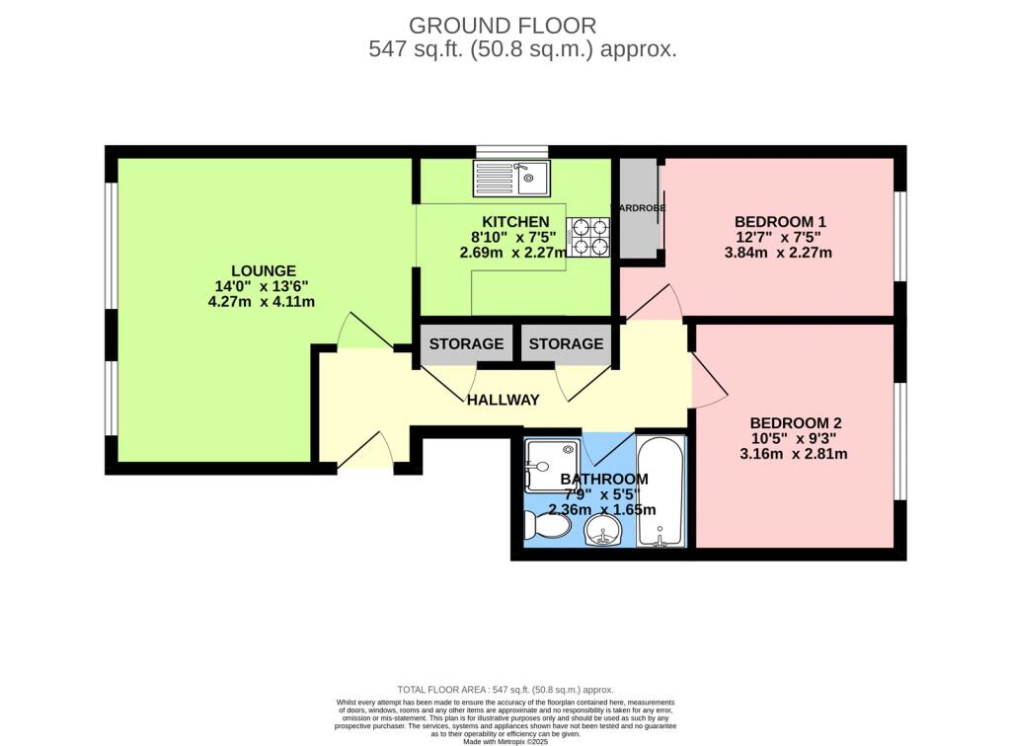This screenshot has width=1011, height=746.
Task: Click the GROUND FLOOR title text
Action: pyautogui.click(x=503, y=25)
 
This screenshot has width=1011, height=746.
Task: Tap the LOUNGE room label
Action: pyautogui.click(x=263, y=270)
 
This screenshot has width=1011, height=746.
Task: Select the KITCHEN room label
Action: pyautogui.click(x=514, y=221)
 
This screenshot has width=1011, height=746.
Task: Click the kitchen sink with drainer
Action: pyautogui.click(x=512, y=179)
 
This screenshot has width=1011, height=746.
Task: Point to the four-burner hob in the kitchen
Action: pyautogui.click(x=587, y=238)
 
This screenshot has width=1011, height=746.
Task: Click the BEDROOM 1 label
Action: pyautogui.click(x=780, y=221)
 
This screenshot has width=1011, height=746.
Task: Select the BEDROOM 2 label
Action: pyautogui.click(x=795, y=422)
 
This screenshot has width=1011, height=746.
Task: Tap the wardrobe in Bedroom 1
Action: pyautogui.click(x=639, y=208)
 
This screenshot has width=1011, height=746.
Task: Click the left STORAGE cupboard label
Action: pyautogui.click(x=466, y=344)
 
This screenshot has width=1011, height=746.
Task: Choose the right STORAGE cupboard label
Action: pyautogui.click(x=566, y=344)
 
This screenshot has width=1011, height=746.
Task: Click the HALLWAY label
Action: pyautogui.click(x=504, y=400)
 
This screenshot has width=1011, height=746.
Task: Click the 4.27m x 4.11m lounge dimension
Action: pyautogui.click(x=262, y=302)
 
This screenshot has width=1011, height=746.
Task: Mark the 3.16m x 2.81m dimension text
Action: pyautogui.click(x=795, y=454)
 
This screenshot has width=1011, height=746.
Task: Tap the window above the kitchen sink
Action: pyautogui.click(x=511, y=151)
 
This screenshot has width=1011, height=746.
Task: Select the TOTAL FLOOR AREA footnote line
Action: pyautogui.click(x=505, y=690)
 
